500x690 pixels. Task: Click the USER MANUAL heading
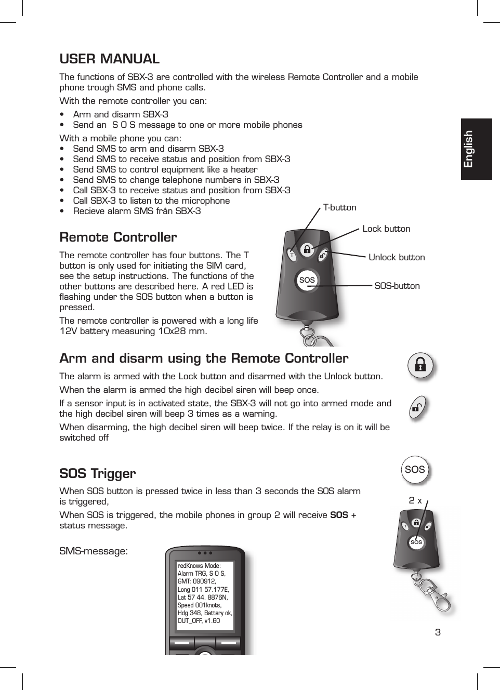click(x=109, y=59)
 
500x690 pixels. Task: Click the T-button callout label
click(x=339, y=207)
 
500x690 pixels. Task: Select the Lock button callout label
click(x=386, y=229)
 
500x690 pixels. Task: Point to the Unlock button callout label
click(x=396, y=257)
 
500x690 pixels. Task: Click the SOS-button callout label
click(x=397, y=286)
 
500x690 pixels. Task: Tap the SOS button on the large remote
click(x=307, y=280)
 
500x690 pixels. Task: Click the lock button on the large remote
click(x=307, y=249)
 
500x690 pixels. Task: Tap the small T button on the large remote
click(x=292, y=256)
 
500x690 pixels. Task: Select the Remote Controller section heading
click(x=118, y=237)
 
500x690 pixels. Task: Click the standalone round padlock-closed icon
click(x=420, y=366)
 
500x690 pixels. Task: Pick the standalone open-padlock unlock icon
click(x=417, y=408)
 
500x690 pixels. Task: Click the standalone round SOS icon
click(x=414, y=470)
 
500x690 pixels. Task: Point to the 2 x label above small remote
click(x=415, y=501)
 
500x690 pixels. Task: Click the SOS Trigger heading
click(x=98, y=474)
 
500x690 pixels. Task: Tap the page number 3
click(x=438, y=632)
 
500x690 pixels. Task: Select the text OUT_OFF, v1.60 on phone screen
click(x=199, y=621)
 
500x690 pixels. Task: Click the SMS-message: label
click(x=94, y=551)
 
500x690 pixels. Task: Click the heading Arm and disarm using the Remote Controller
click(x=204, y=359)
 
